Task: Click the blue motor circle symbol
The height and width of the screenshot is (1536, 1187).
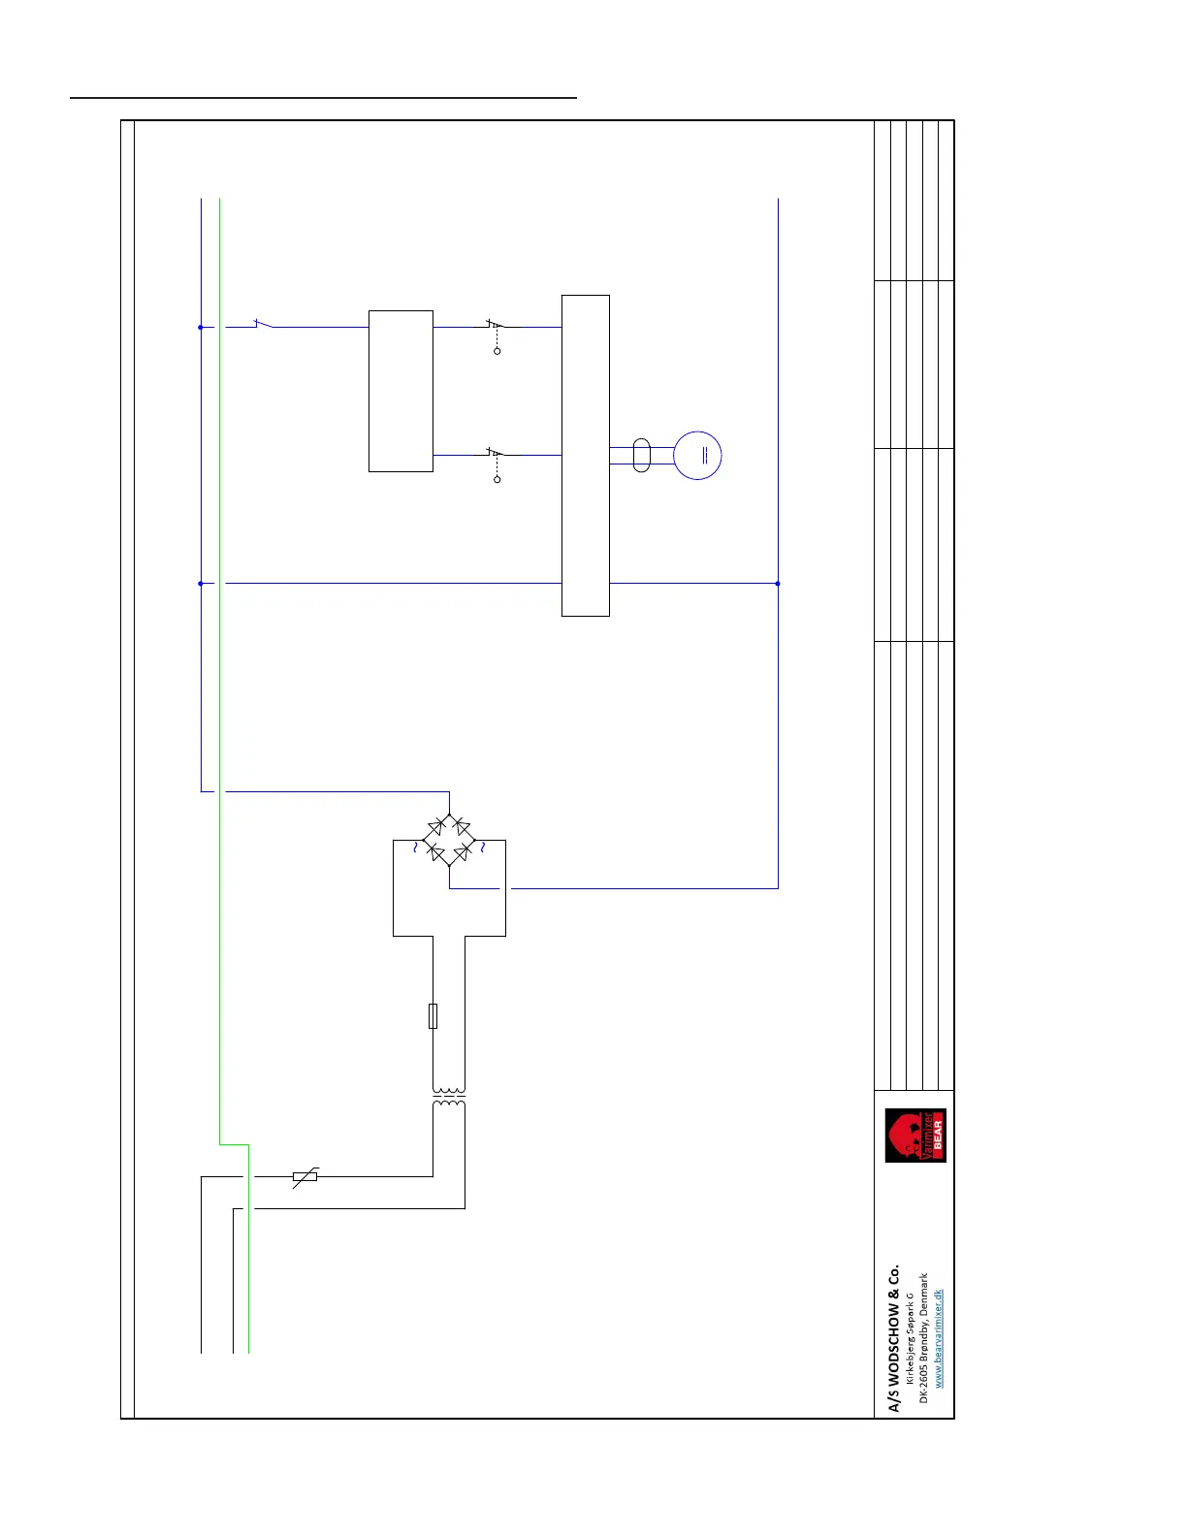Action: point(697,455)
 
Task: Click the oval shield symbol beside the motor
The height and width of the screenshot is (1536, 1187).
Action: point(641,455)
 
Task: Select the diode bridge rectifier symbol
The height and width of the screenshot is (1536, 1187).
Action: point(449,840)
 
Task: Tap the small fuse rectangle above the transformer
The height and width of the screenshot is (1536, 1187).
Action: point(433,1015)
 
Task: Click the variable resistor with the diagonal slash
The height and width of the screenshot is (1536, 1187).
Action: point(305,1177)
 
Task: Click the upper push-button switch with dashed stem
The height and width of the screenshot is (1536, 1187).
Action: point(496,326)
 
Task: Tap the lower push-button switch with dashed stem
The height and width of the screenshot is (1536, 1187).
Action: point(496,454)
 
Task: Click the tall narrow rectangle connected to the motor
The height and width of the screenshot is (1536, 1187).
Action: point(586,455)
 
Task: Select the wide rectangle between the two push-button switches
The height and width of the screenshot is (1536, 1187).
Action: point(401,391)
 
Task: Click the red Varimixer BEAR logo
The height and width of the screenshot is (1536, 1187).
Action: point(915,1136)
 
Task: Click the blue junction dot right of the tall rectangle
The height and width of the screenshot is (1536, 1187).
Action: point(778,584)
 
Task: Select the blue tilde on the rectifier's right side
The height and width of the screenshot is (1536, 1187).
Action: point(482,847)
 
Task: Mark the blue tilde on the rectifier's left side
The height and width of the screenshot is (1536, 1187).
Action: point(415,847)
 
